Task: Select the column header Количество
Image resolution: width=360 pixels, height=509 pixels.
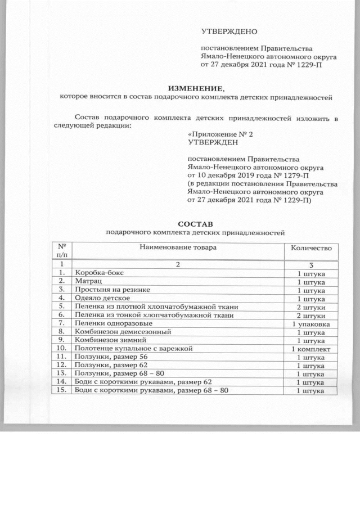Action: (311, 248)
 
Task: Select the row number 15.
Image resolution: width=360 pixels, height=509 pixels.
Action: (60, 390)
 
